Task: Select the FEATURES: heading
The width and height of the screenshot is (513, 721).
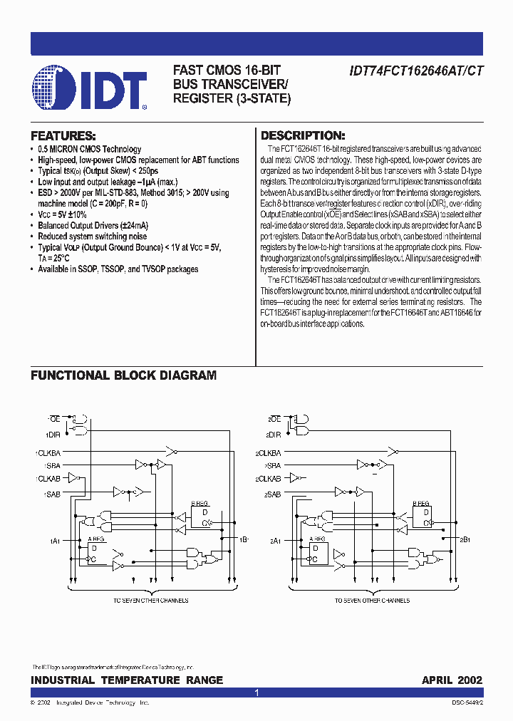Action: [63, 135]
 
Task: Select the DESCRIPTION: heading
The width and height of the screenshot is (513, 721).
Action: [303, 135]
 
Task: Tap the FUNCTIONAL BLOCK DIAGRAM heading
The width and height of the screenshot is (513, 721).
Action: [123, 375]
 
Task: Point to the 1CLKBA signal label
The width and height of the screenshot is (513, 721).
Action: [48, 453]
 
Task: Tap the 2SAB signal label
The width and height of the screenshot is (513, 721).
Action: [271, 493]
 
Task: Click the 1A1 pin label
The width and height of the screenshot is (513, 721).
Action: [54, 541]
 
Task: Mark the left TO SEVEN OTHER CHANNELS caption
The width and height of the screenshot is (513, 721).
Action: [150, 601]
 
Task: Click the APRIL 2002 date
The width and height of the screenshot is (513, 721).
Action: [452, 680]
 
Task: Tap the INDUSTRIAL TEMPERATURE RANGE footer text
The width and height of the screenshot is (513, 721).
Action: [127, 680]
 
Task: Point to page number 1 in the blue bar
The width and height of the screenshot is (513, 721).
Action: [256, 693]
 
